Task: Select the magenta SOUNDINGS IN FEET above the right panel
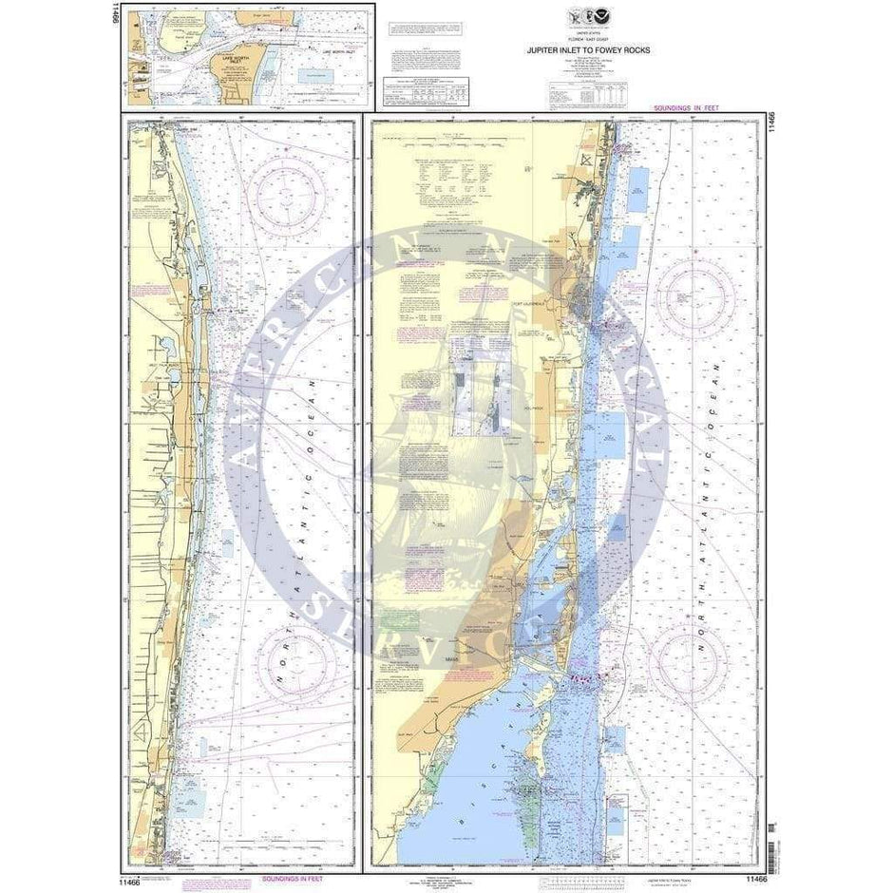686,111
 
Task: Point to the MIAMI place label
452,657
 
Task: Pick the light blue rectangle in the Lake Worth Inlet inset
313,75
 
